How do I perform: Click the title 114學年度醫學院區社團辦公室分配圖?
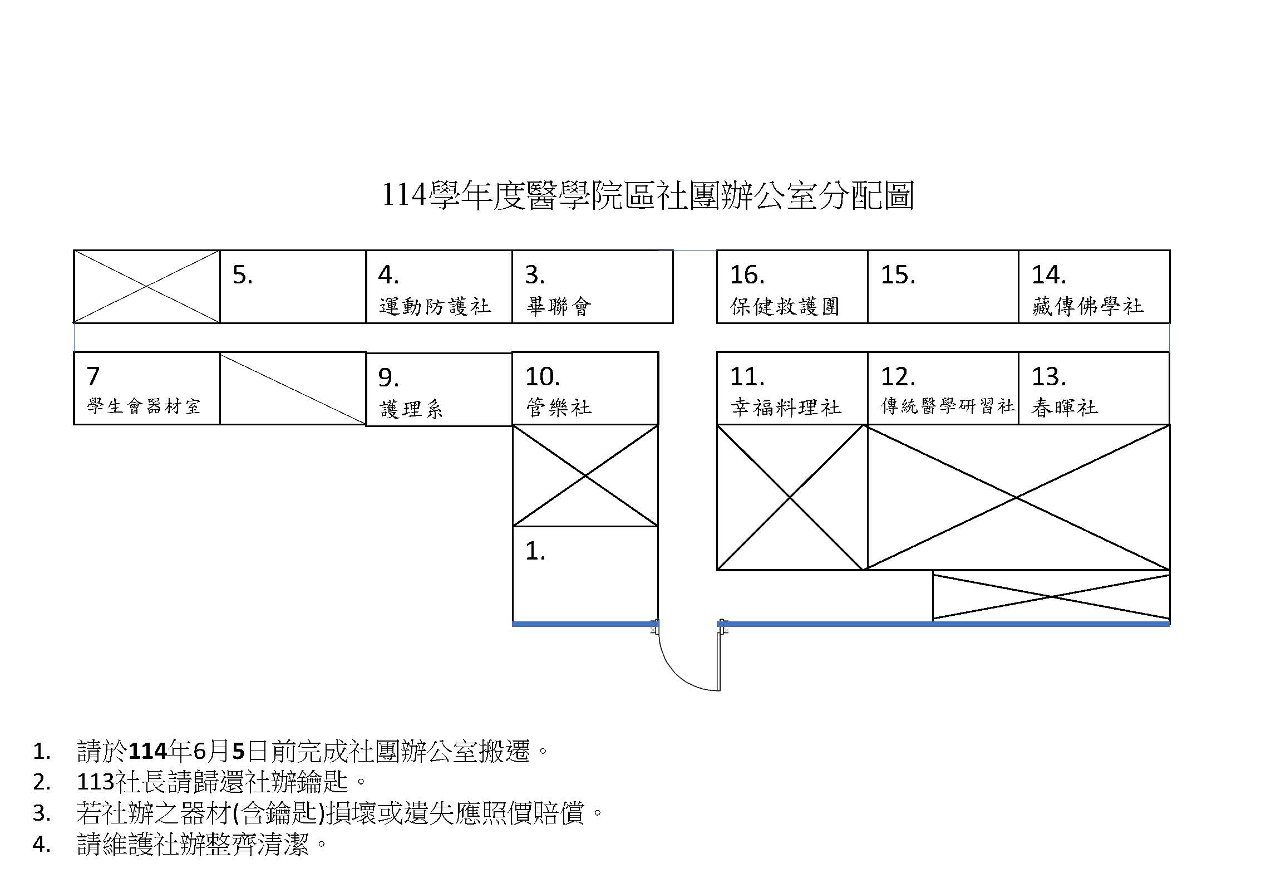coord(647,196)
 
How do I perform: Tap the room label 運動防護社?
coord(435,306)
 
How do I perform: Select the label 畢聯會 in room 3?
coord(558,306)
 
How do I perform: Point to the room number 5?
coord(243,275)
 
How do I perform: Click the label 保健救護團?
coord(784,306)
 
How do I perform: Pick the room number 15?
coord(898,275)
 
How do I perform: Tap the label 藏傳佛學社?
coord(1087,306)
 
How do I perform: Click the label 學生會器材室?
coord(144,406)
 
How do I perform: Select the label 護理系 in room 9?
coord(411,410)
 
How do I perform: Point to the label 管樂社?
coord(559,408)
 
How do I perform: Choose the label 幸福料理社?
coord(786,408)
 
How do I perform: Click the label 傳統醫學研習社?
coord(948,406)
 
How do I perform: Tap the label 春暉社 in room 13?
coord(1065,408)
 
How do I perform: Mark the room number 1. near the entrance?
coord(535,551)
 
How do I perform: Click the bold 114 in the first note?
coord(148,752)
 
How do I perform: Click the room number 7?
coord(93,376)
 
